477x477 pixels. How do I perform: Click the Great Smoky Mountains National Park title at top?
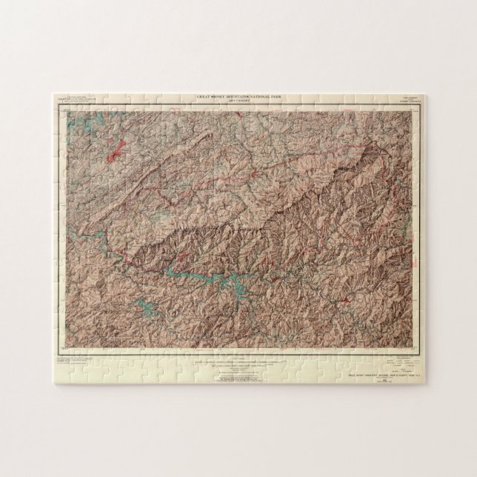pos(238,96)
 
